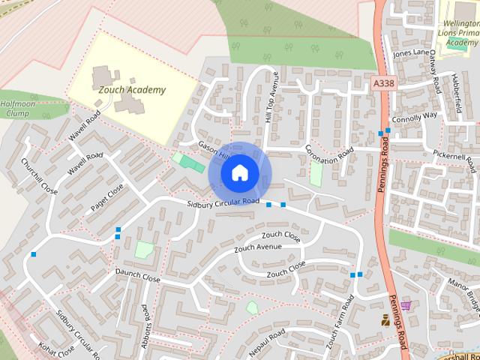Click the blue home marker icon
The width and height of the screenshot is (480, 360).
(x=239, y=173)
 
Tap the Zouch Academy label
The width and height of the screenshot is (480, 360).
(x=133, y=90)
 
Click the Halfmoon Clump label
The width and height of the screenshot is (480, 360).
(x=15, y=109)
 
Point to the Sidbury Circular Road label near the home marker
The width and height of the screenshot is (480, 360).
(x=223, y=202)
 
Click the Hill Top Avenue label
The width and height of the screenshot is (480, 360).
(x=271, y=105)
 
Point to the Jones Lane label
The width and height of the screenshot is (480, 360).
(x=412, y=52)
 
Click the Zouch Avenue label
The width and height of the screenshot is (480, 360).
(x=258, y=247)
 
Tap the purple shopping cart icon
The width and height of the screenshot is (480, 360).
(x=406, y=305)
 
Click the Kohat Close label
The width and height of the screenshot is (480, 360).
(x=57, y=349)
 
